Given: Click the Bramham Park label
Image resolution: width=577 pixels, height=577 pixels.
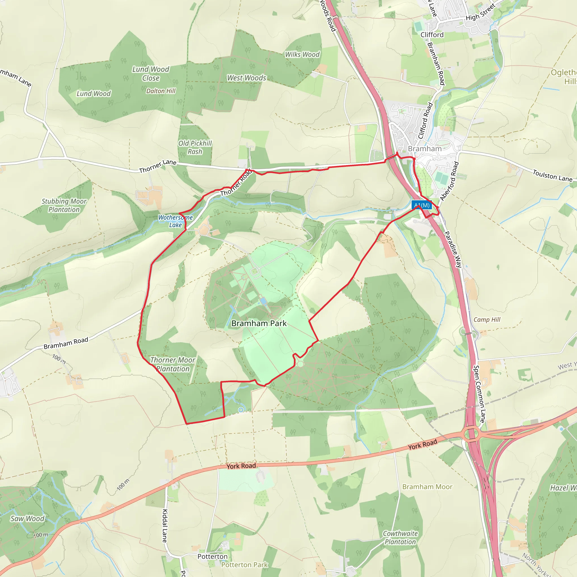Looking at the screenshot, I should (259, 323).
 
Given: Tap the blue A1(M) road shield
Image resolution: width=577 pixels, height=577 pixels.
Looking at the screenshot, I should (421, 205).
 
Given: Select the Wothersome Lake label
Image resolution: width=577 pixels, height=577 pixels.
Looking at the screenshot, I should (175, 221).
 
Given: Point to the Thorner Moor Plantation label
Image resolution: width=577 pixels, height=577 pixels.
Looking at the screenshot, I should (173, 364).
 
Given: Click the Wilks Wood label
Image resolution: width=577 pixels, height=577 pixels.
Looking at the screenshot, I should (302, 54).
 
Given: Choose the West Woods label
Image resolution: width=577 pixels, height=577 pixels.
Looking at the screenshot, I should (247, 78).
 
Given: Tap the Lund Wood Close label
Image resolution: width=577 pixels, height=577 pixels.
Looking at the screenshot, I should (151, 74).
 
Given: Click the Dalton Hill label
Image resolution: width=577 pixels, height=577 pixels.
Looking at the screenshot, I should (161, 91).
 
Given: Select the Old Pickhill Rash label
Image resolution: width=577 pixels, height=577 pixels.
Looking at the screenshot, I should (195, 147).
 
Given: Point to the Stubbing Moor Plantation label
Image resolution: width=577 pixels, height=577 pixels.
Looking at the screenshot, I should (64, 205).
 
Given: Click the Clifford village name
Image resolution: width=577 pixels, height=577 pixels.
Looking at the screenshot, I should (432, 35).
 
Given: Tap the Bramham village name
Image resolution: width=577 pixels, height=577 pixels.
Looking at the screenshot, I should (425, 148).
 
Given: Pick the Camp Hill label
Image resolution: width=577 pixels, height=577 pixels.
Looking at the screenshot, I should (487, 319).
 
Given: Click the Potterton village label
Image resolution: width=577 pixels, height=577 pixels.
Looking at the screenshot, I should (212, 556).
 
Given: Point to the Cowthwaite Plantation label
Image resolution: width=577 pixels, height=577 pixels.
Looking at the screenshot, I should (400, 538).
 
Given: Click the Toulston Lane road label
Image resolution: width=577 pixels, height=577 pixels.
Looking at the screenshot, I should (552, 176).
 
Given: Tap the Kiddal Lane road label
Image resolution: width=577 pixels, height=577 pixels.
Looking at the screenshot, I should (165, 526).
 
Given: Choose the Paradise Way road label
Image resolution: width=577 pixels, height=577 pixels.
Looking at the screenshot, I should (453, 249).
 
